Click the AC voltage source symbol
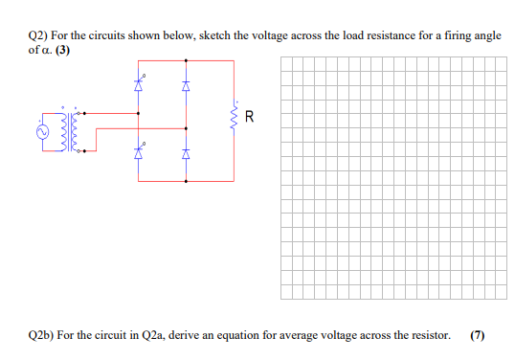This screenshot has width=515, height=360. tap(43, 132)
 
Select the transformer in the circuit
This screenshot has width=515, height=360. tap(76, 131)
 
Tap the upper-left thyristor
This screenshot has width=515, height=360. tap(140, 84)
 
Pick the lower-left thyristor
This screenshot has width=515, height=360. tap(140, 151)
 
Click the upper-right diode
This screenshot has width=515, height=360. tap(187, 84)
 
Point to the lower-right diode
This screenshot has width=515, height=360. tap(187, 151)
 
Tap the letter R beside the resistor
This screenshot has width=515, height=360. tap(250, 119)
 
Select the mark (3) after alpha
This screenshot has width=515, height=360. tap(62, 50)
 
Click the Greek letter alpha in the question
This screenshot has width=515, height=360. tap(46, 50)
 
